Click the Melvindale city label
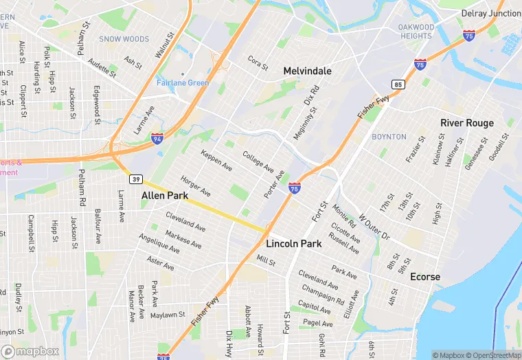(x=307, y=71)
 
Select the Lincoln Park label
(x=293, y=244)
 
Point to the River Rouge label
(x=466, y=123)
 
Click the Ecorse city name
(x=424, y=277)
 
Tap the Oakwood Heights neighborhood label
(x=416, y=32)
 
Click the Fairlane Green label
(x=182, y=83)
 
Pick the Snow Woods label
(x=124, y=39)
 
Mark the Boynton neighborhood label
(x=389, y=137)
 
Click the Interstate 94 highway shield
(x=157, y=139)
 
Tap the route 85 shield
(x=398, y=85)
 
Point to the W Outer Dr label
(x=374, y=227)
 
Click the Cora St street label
(x=258, y=63)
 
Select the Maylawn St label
(x=168, y=315)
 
